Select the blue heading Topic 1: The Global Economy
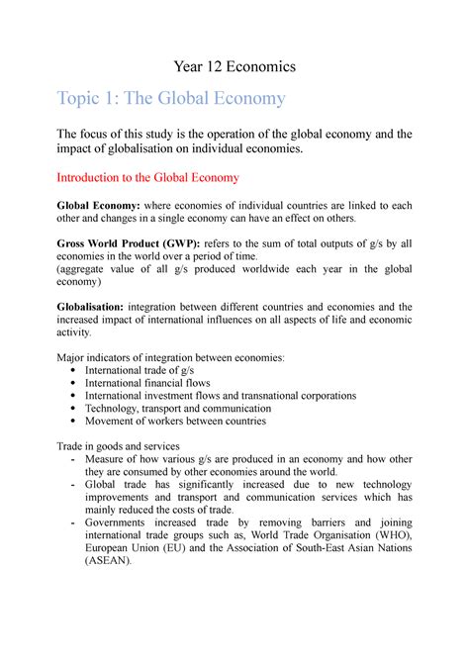tap(171, 99)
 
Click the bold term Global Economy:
tap(98, 205)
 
